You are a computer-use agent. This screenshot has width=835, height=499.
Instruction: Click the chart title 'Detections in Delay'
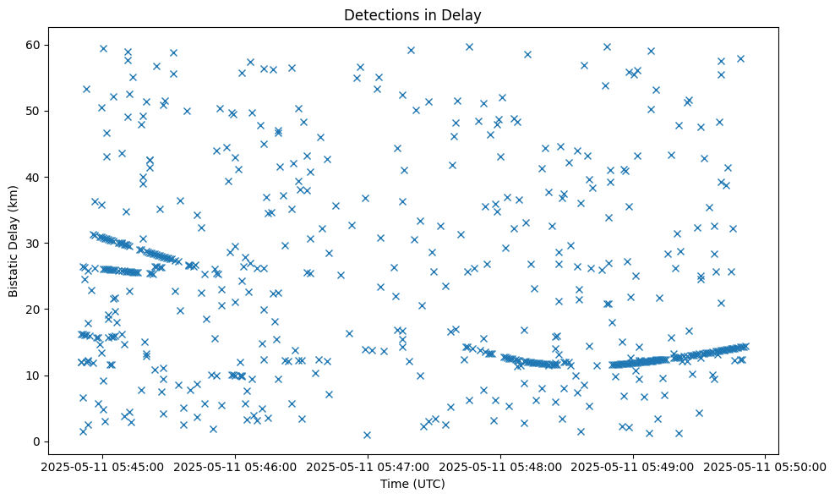tap(413, 14)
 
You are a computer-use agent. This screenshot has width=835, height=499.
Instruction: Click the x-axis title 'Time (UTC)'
tap(413, 485)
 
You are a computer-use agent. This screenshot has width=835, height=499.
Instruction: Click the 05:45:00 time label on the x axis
tap(104, 465)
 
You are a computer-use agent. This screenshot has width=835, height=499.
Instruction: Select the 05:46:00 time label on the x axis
tap(237, 465)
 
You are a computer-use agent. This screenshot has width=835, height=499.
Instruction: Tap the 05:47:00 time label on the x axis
tap(368, 465)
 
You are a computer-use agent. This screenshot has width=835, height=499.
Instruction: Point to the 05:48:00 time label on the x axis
tap(501, 465)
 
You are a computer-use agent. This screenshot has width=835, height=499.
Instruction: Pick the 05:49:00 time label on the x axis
tap(633, 465)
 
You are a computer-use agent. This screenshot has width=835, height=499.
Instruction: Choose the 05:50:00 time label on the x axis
tap(766, 465)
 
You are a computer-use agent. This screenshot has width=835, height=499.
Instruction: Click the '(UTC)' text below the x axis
tap(428, 485)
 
